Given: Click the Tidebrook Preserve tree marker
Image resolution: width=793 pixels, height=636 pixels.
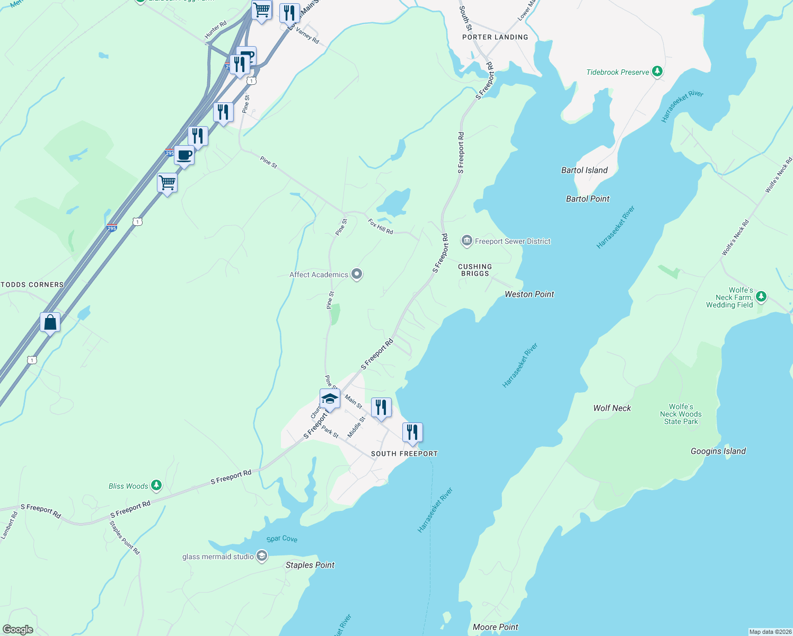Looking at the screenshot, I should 657,72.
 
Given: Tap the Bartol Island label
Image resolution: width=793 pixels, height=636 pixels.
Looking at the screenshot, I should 584,170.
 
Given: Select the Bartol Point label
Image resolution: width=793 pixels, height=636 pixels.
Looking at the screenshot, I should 587,199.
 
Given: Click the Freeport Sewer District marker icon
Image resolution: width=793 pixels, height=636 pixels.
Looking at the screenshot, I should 466,241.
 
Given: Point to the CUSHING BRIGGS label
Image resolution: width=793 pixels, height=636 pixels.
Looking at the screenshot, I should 475,270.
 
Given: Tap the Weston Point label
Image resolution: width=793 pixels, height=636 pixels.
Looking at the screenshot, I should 529,294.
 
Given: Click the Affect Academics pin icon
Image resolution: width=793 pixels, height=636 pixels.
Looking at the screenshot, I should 357,274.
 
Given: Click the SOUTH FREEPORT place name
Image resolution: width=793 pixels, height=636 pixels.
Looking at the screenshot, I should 404,454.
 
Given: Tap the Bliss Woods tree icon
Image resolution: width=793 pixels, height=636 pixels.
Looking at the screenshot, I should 156,485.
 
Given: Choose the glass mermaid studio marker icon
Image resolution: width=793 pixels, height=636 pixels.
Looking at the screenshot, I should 261,556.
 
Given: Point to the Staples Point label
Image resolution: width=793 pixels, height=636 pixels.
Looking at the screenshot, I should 310,565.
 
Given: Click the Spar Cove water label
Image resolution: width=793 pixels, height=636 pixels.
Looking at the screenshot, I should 281,538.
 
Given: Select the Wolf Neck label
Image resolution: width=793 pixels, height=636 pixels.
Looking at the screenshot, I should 612,408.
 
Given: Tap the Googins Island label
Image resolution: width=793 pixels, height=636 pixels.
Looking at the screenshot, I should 718,451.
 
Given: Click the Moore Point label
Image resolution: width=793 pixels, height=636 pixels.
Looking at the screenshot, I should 495,627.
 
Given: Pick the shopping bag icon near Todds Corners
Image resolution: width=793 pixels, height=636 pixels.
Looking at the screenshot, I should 50,322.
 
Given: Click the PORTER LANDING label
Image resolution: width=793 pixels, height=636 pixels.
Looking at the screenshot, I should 495,37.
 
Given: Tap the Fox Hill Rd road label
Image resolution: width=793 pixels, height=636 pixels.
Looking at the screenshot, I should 381,227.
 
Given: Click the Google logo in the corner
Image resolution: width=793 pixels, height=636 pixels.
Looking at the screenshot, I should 18,629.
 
